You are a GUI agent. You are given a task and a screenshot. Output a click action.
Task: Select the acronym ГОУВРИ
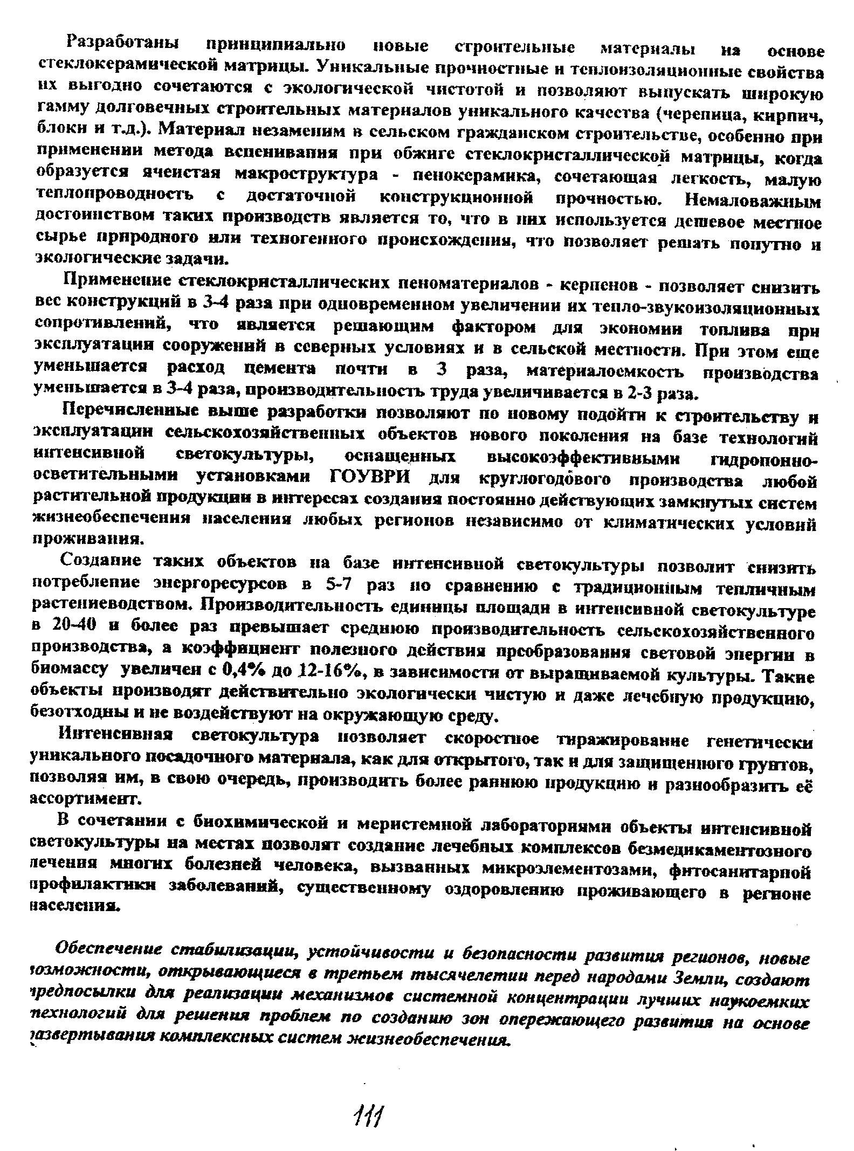[x=369, y=478]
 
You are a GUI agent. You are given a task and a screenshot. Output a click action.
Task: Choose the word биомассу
[x=71, y=670]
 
